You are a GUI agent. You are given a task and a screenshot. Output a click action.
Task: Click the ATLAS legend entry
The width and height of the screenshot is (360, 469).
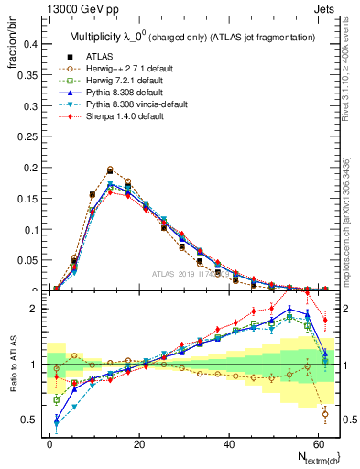coord(101,56)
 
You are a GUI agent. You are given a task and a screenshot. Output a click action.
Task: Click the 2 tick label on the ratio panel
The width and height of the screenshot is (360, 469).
coord(33,309)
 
